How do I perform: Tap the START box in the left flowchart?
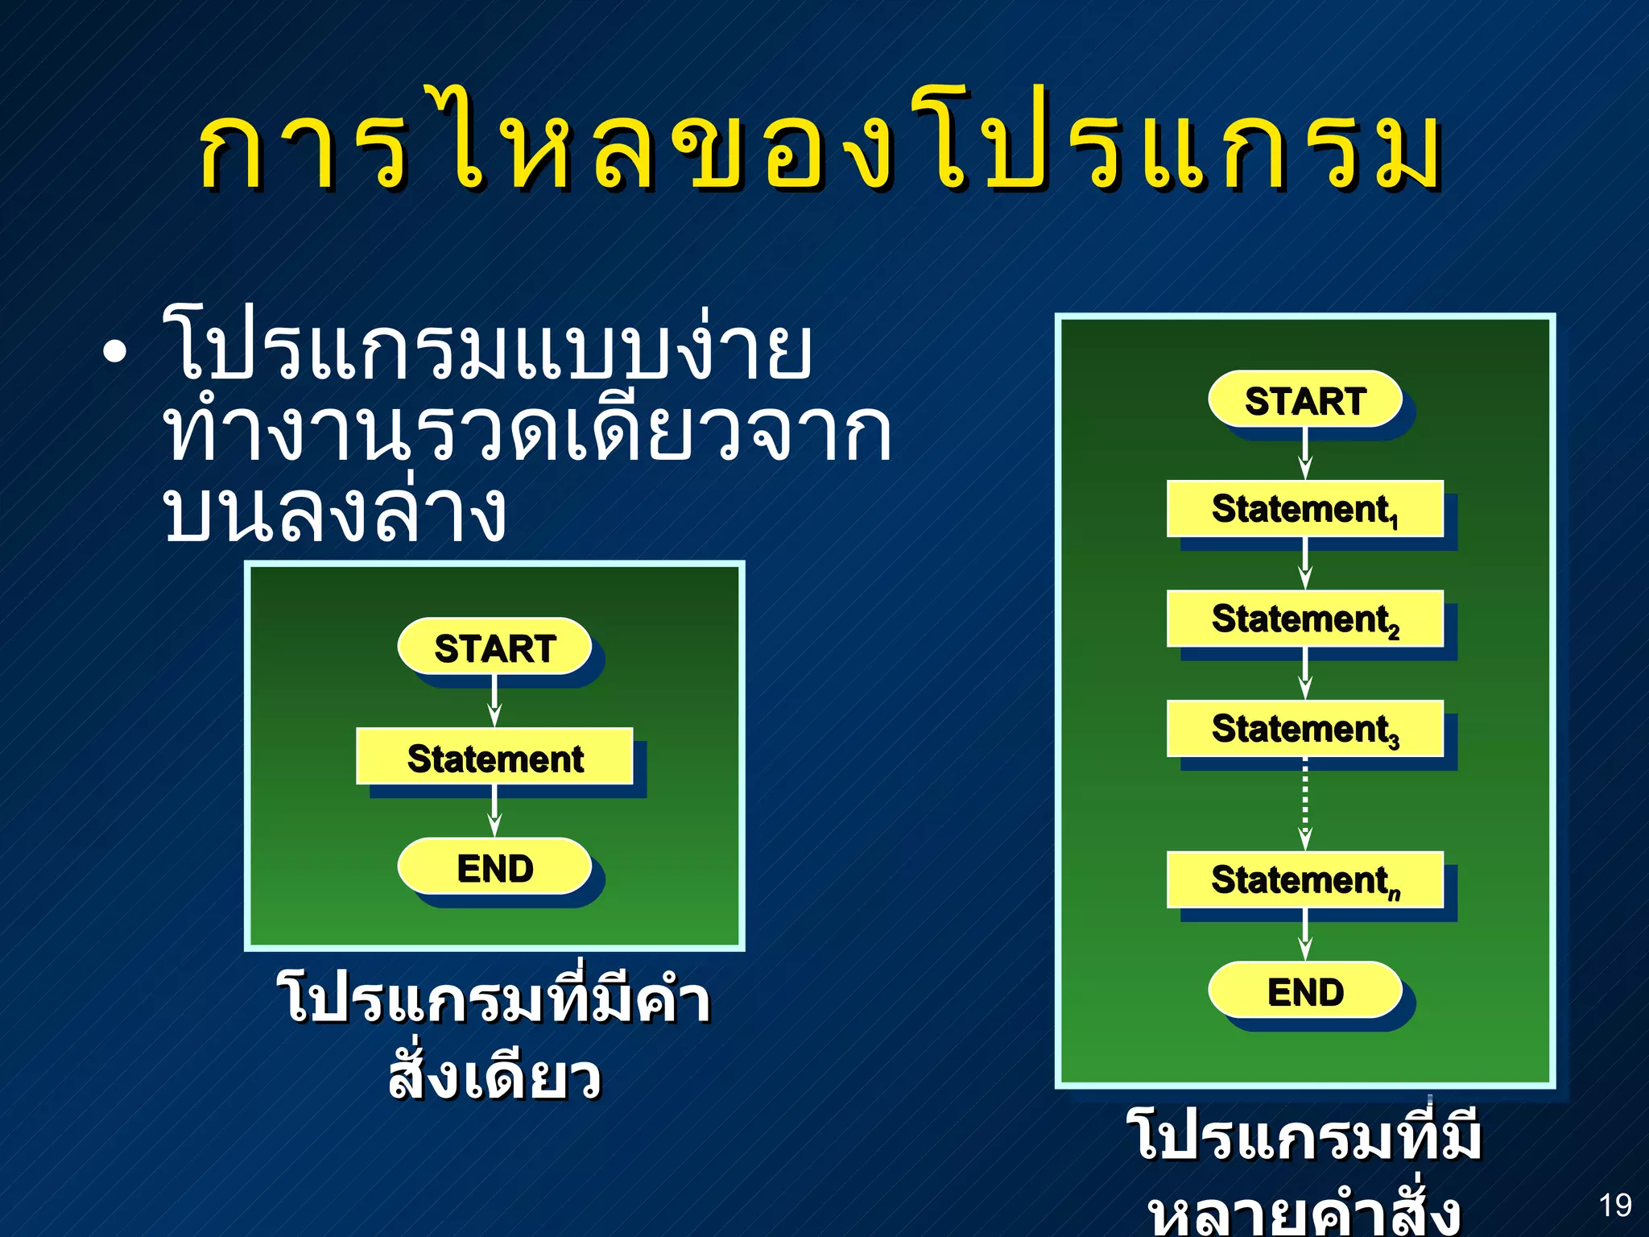click(x=494, y=647)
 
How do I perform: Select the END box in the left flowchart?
click(x=494, y=867)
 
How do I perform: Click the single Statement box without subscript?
click(x=494, y=757)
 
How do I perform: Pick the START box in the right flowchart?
click(x=1305, y=400)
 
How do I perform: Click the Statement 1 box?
click(x=1304, y=509)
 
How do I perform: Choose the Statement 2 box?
click(x=1304, y=618)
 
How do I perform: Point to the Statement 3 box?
click(x=1304, y=728)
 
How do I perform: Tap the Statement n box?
click(x=1304, y=879)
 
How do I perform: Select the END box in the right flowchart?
click(x=1305, y=991)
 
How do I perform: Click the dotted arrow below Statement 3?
click(x=1305, y=805)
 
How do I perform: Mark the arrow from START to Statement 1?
click(x=1305, y=455)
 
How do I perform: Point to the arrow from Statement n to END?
click(x=1305, y=936)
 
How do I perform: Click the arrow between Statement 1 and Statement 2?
click(x=1305, y=565)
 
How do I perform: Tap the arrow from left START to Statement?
click(x=494, y=702)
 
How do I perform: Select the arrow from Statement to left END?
click(x=494, y=812)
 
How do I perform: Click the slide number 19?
click(x=1614, y=1206)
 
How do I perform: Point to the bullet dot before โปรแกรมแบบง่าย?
click(x=115, y=353)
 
